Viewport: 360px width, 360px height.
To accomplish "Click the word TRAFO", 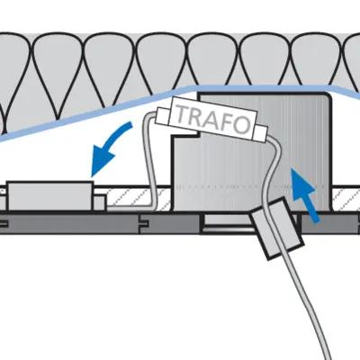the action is (x=213, y=119).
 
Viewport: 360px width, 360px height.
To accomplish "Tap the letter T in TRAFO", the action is (x=183, y=112).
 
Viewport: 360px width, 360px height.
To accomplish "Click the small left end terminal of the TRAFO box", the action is (x=162, y=115).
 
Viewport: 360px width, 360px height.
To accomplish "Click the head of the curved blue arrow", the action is (x=102, y=159).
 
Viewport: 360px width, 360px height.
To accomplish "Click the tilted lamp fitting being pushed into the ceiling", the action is (x=276, y=229).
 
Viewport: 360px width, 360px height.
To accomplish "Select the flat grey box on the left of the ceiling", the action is (x=49, y=196).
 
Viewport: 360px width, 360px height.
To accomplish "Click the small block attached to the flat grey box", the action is (x=100, y=202).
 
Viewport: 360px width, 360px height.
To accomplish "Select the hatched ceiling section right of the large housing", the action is (x=346, y=199).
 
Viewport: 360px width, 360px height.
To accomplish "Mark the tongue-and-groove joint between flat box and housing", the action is (x=143, y=223).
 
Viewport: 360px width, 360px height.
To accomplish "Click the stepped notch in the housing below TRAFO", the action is (x=185, y=137).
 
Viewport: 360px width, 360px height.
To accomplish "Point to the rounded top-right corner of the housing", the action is (x=328, y=96).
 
